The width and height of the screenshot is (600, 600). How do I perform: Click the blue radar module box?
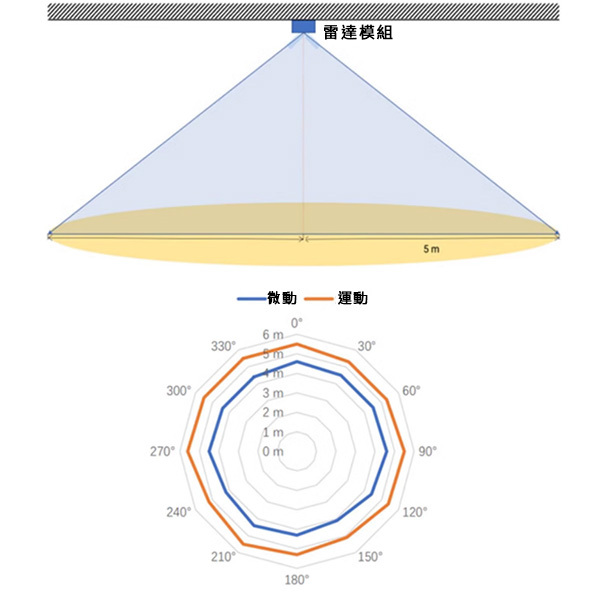(x=303, y=26)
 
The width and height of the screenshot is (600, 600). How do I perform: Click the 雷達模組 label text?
(x=358, y=33)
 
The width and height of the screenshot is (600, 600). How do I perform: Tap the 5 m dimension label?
(x=431, y=249)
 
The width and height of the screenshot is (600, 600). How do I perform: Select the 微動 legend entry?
(x=267, y=298)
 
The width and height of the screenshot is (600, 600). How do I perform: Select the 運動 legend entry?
(x=336, y=298)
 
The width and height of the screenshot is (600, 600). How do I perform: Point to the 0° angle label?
(x=297, y=323)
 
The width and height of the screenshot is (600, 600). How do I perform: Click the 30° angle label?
(x=367, y=346)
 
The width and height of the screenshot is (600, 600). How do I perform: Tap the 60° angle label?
(x=411, y=391)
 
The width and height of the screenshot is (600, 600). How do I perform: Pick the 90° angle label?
(x=427, y=452)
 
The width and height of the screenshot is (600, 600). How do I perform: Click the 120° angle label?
(x=415, y=512)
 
